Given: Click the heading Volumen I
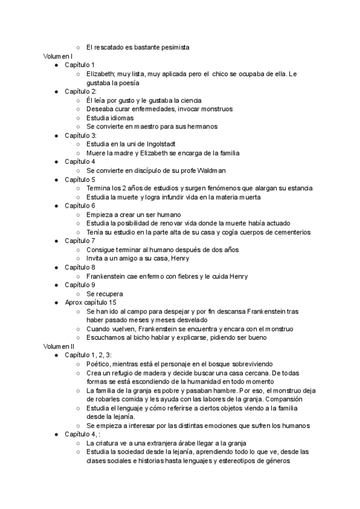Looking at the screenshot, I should [x=58, y=56].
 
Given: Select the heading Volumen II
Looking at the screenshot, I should [x=59, y=347].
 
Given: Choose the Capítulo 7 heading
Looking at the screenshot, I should [x=80, y=241].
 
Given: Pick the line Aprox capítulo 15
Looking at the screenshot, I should [x=91, y=303].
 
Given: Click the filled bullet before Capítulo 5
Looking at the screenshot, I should [x=56, y=179].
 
